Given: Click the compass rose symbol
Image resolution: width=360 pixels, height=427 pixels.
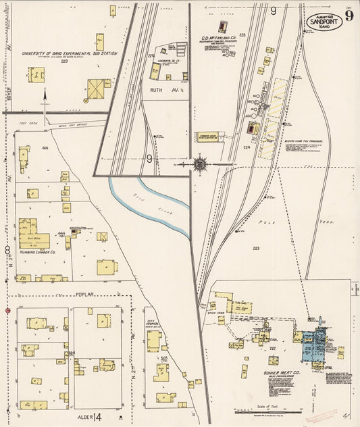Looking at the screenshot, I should (201, 164).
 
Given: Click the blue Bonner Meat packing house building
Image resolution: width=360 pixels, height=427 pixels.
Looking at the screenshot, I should (312, 345).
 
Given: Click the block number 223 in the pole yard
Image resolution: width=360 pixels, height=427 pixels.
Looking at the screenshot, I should (256, 249).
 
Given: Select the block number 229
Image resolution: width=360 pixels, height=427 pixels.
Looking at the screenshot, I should (64, 61).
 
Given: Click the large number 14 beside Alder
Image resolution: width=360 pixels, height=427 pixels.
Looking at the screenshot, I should (97, 416).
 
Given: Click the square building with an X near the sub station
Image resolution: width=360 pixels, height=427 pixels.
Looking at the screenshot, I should (97, 88).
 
